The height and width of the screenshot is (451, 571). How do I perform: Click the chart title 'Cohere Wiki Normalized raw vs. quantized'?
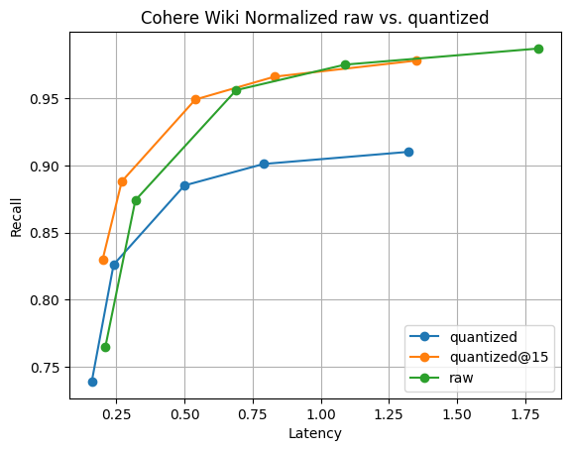tap(314, 17)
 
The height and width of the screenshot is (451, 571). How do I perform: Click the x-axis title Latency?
tap(314, 433)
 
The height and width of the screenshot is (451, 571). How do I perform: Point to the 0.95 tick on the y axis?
tap(45, 99)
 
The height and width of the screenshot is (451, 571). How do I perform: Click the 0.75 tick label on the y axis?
tap(45, 367)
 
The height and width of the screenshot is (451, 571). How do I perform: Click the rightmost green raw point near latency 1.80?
tap(538, 49)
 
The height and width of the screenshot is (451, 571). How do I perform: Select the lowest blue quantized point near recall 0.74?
tap(92, 382)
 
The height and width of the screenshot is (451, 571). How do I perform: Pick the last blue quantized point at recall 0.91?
tap(408, 152)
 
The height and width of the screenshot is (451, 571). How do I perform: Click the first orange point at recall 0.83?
tap(103, 260)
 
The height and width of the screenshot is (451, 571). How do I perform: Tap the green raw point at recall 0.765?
tap(105, 347)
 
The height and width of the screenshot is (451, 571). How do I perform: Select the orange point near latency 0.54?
tap(195, 99)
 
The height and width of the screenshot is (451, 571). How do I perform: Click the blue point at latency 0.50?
tap(184, 185)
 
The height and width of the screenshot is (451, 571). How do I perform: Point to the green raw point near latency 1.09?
tap(345, 64)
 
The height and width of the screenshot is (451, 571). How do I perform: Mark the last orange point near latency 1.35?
tap(416, 60)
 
